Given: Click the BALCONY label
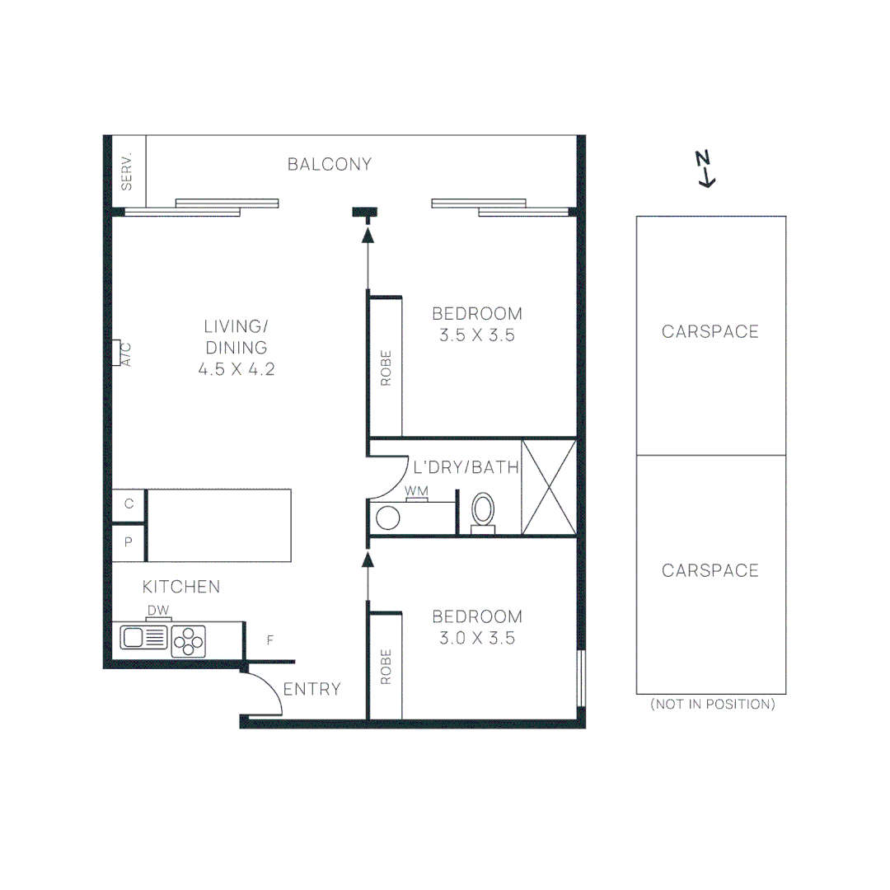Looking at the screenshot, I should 330,164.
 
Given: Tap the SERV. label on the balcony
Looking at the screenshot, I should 128,172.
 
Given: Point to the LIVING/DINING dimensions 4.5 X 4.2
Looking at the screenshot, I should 236,369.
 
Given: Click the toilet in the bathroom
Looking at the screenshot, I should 483,510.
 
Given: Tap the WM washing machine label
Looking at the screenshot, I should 416,492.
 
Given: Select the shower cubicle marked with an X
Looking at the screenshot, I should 549,487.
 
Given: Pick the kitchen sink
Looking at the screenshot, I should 144,637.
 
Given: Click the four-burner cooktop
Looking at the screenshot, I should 189,641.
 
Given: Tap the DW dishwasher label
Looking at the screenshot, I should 158,611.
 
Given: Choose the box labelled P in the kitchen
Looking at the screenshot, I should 129,542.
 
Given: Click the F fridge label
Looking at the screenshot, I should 270,639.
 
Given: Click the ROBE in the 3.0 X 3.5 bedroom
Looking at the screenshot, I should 386,667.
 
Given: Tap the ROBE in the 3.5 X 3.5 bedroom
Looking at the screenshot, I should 386,368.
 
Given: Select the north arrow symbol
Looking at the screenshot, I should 705,169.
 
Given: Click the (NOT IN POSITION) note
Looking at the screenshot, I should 712,705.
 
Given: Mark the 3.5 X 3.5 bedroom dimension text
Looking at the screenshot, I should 477,335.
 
